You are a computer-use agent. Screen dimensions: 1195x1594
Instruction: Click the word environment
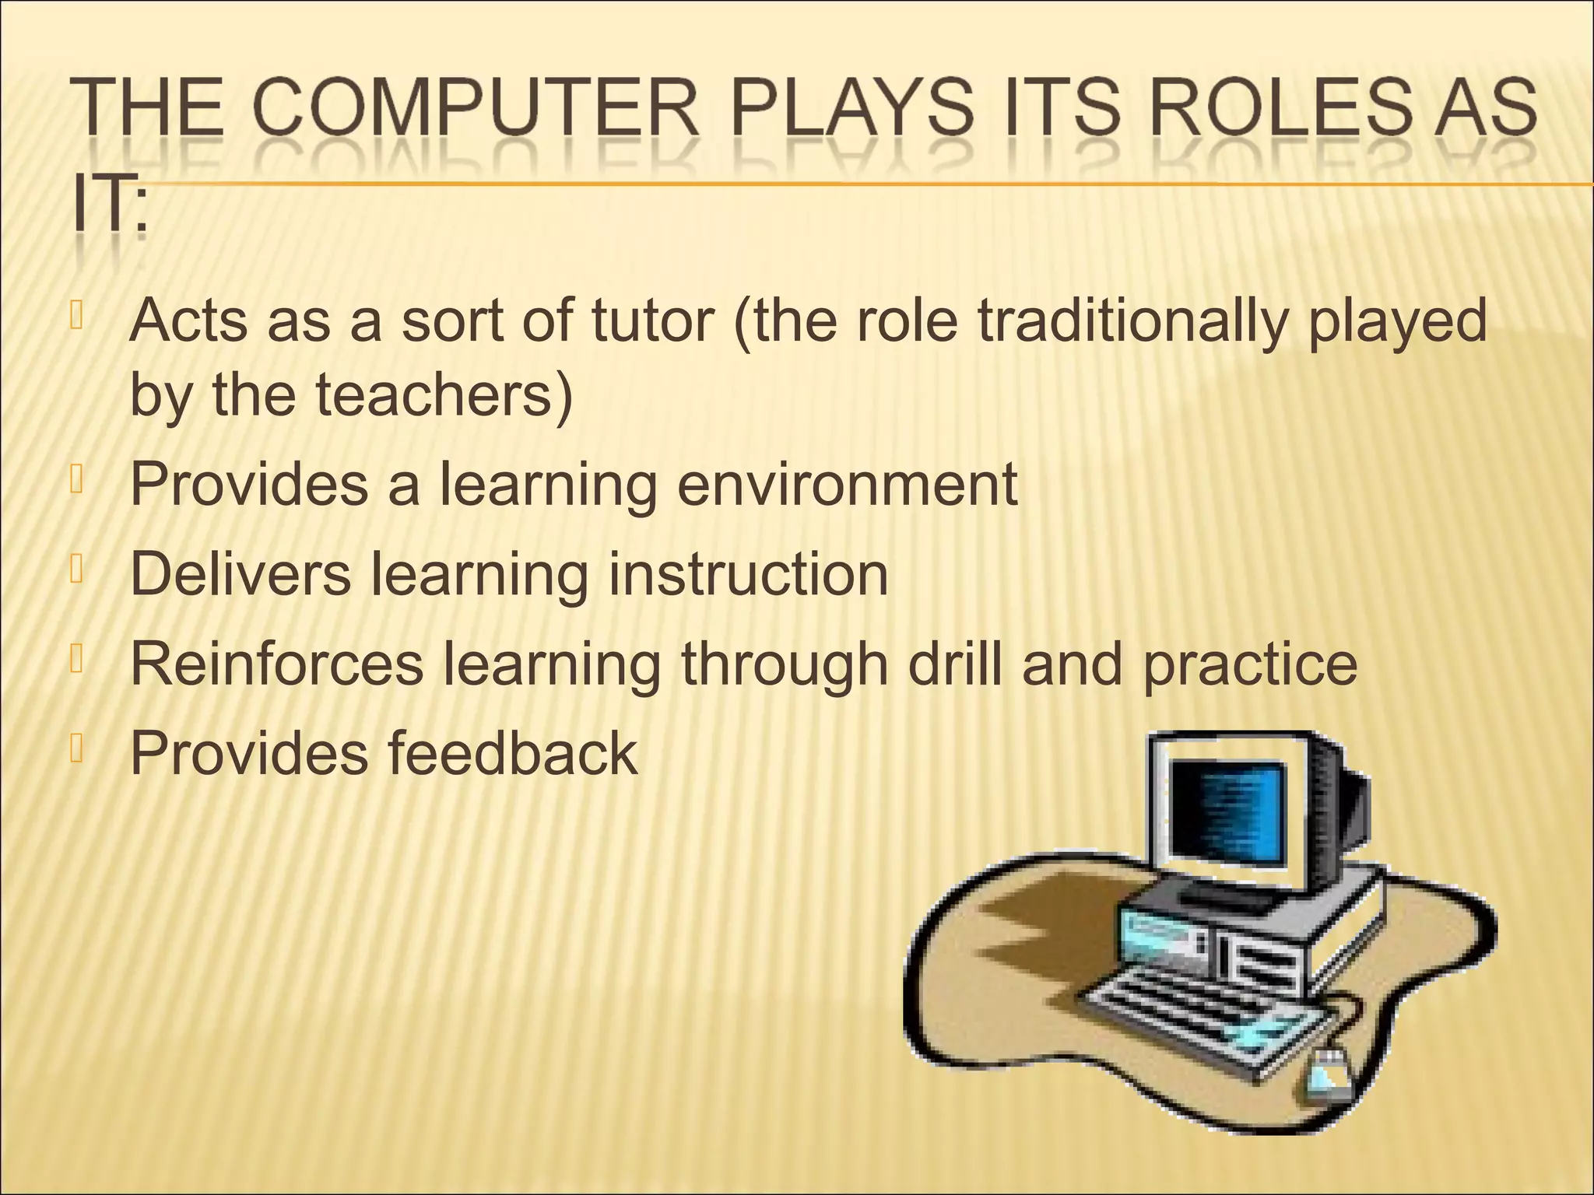point(846,484)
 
